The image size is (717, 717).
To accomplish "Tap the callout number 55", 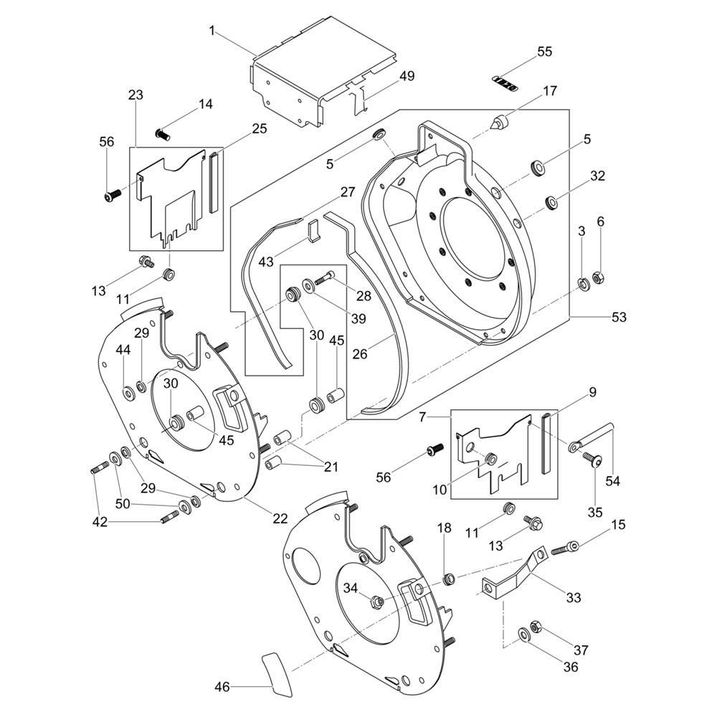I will (x=545, y=52).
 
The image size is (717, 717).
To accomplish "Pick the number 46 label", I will (x=222, y=688).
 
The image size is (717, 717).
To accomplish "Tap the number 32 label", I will (x=598, y=176).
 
